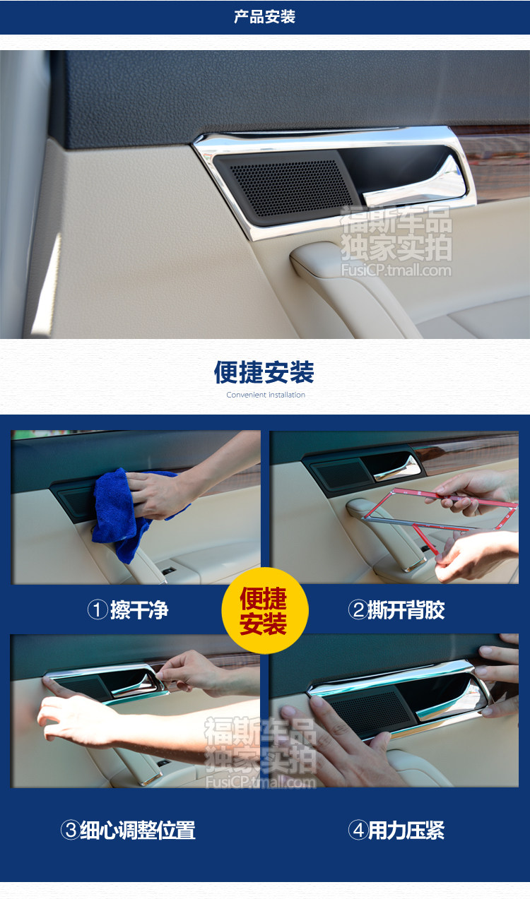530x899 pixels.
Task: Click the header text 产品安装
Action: pos(264,17)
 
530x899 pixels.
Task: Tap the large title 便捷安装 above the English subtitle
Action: pos(264,372)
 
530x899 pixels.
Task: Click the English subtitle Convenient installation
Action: pos(266,395)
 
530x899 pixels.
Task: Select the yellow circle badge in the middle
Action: pos(265,610)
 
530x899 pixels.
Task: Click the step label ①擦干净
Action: pos(128,610)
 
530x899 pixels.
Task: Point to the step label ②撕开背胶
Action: pos(396,610)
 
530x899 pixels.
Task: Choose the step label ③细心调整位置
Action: pos(128,830)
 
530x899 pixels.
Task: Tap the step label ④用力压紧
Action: pos(396,830)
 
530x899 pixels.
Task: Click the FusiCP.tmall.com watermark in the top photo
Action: pos(396,270)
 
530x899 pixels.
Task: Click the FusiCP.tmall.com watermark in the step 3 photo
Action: pos(261,781)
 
